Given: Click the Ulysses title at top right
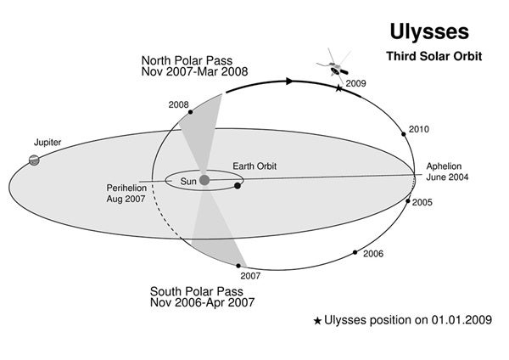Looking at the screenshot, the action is (x=429, y=33).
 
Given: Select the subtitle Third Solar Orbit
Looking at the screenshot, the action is (x=434, y=56).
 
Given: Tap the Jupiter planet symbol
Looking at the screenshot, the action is (x=34, y=160).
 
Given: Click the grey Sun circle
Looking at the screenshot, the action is (x=204, y=180).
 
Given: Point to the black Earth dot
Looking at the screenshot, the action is (x=238, y=186).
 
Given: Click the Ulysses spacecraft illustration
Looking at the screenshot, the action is (x=334, y=66).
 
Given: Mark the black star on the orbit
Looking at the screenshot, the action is (x=338, y=88).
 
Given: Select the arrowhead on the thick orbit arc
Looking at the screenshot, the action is (x=289, y=82).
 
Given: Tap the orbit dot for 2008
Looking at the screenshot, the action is (x=191, y=112).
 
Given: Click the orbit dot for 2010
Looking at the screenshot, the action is (x=404, y=134).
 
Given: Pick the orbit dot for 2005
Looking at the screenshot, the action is (x=408, y=201).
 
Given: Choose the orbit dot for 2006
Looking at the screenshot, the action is (x=355, y=252).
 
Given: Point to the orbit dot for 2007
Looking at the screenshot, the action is (x=238, y=266).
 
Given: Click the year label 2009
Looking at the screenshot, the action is (x=355, y=83).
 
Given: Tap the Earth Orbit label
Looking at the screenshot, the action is (x=255, y=166).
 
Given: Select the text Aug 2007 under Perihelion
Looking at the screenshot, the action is (x=126, y=199).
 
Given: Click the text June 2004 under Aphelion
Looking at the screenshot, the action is (x=447, y=177).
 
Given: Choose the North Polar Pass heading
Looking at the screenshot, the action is (x=187, y=61).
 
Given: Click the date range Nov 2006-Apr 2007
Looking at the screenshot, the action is (x=202, y=302).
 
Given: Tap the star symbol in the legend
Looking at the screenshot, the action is (x=317, y=321).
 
